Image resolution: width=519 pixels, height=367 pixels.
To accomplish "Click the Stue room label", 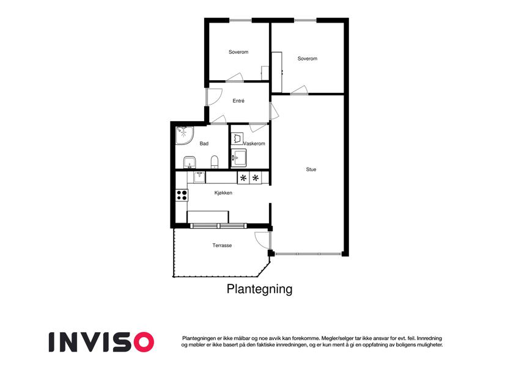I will pos(311,169).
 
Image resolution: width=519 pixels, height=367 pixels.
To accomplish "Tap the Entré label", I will pos(238,101).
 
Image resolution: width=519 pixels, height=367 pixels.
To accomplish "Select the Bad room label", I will pos(204,144).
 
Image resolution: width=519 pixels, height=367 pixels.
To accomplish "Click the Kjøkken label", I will pos(223,193).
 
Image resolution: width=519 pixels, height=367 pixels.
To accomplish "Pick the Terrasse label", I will pos(222,245).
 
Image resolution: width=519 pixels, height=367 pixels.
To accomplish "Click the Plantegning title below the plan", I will pos(259,289).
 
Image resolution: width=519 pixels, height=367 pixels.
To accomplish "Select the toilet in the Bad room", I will pos(214,161).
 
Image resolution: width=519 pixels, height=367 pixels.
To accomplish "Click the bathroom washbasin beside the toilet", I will pos(190,162).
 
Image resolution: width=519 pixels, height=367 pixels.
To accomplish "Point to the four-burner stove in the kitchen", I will pos(182,195).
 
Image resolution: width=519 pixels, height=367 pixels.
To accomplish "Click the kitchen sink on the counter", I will pos(199,177).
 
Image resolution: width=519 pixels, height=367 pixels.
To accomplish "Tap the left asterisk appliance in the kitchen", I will pos(243,178).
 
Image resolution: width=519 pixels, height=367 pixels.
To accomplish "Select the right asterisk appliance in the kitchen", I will pos(256,178).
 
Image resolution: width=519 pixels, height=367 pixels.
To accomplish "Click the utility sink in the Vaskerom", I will pos(238,158).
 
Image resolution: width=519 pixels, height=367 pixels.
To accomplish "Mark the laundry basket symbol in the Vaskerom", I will pos(238,139).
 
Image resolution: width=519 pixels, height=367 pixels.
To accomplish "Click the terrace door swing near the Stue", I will pos(262,239).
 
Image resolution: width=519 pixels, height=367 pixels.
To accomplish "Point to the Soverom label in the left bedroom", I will pos(238,52).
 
